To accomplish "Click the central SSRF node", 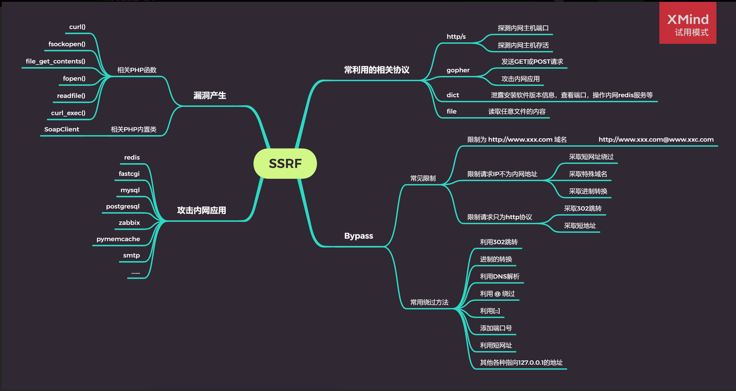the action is click(x=285, y=163).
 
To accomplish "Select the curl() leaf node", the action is click(x=77, y=27).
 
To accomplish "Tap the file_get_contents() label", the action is click(x=55, y=61).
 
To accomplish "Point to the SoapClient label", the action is click(x=62, y=130).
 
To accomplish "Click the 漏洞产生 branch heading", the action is click(x=210, y=95).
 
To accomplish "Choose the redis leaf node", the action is click(x=132, y=157).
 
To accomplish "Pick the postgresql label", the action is click(x=123, y=206).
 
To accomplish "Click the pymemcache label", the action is click(x=118, y=239).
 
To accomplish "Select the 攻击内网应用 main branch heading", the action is click(x=201, y=210).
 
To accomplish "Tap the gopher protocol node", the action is click(x=458, y=70).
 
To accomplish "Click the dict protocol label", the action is click(x=452, y=95).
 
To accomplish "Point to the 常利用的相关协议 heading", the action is click(x=377, y=70).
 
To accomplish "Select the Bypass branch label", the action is click(x=358, y=236).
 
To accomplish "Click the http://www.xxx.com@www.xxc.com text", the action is click(x=656, y=140).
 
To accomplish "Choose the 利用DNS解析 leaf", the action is click(x=499, y=276).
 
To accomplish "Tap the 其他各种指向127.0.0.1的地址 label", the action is click(x=521, y=363).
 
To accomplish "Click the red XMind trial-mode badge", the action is click(x=688, y=23).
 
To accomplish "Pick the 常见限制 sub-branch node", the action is click(x=423, y=178).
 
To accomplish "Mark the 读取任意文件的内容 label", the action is click(x=517, y=111).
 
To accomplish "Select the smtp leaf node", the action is click(x=131, y=255).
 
